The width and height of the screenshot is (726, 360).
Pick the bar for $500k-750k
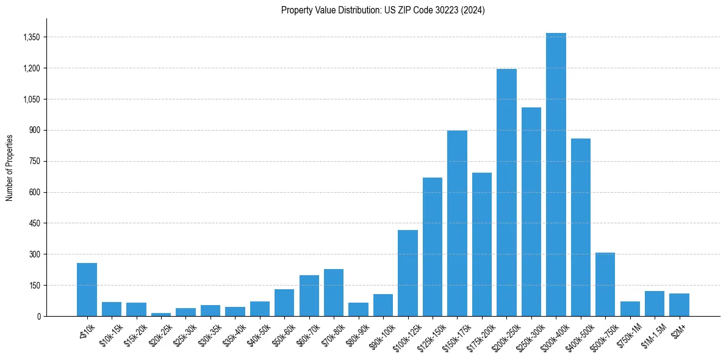pyautogui.click(x=605, y=284)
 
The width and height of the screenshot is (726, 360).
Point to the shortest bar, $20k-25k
pyautogui.click(x=161, y=314)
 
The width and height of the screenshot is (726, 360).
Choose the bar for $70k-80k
pyautogui.click(x=334, y=293)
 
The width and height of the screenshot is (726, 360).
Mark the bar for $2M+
pyautogui.click(x=679, y=305)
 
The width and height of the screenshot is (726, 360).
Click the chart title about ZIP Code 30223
pyautogui.click(x=383, y=10)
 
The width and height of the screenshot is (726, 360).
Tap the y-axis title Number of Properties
pyautogui.click(x=10, y=167)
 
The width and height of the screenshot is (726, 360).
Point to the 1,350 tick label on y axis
pyautogui.click(x=31, y=37)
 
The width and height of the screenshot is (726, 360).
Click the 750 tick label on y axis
pyautogui.click(x=34, y=162)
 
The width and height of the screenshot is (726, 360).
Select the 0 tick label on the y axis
pyautogui.click(x=38, y=316)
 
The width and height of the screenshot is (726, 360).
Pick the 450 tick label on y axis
pyautogui.click(x=34, y=223)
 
